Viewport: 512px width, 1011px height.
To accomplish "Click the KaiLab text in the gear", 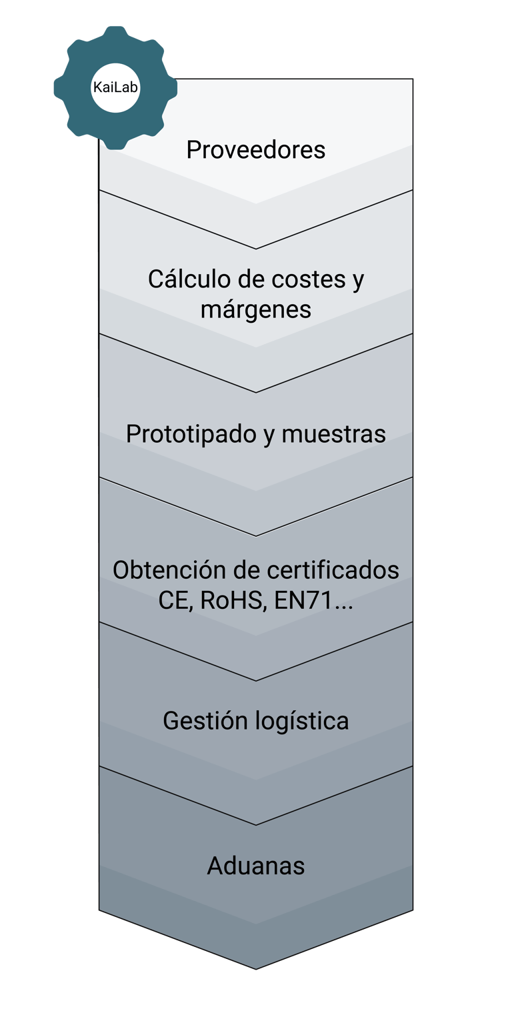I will (115, 88).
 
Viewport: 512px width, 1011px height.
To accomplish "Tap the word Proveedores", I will (256, 150).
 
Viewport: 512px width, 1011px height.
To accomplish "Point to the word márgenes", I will (256, 309).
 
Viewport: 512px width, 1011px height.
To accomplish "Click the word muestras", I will (333, 434).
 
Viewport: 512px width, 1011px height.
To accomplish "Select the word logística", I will (303, 721).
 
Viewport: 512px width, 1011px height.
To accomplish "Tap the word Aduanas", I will (256, 866).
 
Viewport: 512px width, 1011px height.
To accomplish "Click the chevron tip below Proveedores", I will (256, 248).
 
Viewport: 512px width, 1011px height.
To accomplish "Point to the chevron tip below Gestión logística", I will (256, 824).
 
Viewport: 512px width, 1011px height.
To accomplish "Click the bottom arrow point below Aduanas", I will (256, 968).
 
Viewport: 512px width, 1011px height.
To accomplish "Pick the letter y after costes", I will (357, 280).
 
